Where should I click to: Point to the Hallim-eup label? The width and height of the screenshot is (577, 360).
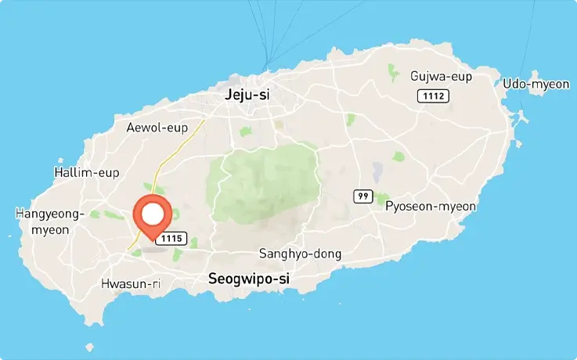[87, 172]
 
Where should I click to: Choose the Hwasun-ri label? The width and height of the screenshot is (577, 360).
[131, 284]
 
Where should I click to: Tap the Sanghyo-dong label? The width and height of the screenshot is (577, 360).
[300, 254]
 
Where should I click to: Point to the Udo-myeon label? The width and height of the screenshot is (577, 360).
[536, 84]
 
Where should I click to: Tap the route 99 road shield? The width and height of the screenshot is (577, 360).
[362, 196]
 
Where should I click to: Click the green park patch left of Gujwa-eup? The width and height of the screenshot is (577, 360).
[393, 73]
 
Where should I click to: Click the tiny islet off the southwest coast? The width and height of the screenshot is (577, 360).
[90, 347]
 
